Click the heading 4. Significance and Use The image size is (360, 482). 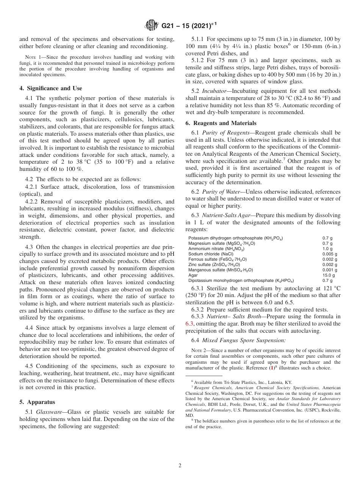click(x=50, y=88)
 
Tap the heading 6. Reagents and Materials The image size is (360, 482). click(x=221, y=123)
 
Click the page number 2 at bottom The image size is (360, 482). click(x=180, y=466)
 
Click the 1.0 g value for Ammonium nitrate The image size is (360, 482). click(x=327, y=249)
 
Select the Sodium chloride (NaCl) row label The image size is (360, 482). click(x=211, y=254)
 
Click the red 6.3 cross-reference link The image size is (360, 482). click(x=189, y=323)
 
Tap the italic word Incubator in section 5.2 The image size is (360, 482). click(x=213, y=91)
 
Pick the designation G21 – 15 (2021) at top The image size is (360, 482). click(x=186, y=26)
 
